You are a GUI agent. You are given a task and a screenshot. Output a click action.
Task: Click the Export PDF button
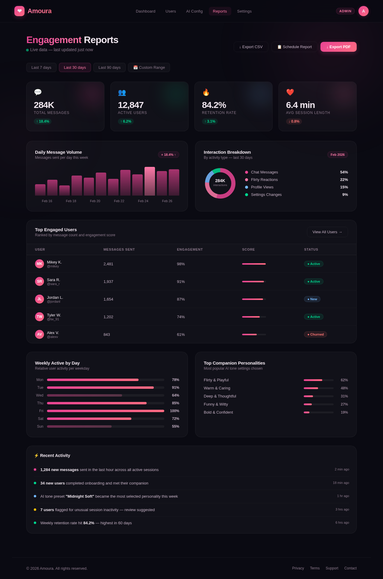coord(338,47)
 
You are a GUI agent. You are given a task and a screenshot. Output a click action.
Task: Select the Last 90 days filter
coord(110,68)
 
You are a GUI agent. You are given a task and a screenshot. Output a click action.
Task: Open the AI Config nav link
coord(194,11)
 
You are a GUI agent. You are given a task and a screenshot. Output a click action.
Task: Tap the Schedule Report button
coord(294,47)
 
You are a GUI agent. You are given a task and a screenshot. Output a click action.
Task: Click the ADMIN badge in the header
coord(345,11)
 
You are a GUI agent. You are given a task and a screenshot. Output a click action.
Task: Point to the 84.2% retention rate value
coord(214,105)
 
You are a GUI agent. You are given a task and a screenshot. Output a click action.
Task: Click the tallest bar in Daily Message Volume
coord(150,181)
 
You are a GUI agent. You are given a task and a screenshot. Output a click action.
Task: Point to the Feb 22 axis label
coord(119,201)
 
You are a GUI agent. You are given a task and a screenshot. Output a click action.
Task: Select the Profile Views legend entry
coord(262,187)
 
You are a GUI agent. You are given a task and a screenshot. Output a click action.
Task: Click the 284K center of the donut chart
coord(220,181)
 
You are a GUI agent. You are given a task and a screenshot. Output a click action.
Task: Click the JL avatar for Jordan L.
coord(39,299)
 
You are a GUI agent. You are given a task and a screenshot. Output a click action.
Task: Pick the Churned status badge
coord(315,334)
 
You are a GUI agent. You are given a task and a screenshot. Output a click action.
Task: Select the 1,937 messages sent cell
coord(108,282)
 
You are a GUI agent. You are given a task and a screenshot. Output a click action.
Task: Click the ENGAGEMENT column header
coord(190,249)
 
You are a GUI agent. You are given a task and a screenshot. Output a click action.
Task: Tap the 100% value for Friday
coord(174,411)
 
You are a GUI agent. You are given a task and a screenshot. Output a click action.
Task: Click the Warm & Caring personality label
coord(217,388)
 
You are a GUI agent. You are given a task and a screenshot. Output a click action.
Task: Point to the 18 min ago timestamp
coord(341,483)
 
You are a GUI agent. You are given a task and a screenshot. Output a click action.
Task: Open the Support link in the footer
coord(332,568)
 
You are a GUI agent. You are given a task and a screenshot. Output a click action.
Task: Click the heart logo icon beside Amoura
coord(19,11)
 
